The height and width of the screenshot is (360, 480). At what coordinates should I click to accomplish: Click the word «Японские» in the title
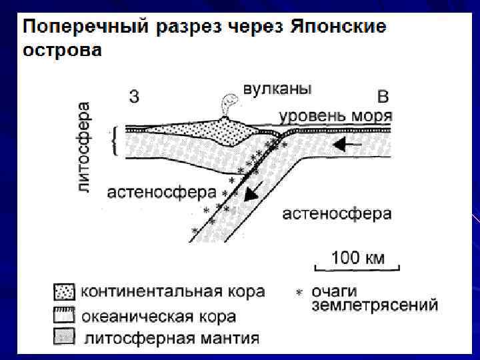click(339, 28)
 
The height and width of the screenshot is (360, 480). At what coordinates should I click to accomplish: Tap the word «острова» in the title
click(63, 50)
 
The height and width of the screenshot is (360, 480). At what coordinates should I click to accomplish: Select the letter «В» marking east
click(383, 97)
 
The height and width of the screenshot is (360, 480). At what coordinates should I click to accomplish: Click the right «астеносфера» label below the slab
click(337, 213)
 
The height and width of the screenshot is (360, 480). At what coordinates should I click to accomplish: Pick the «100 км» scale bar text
click(357, 257)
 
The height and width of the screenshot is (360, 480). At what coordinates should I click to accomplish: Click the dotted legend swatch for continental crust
click(64, 292)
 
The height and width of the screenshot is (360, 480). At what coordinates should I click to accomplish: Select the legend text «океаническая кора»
click(158, 315)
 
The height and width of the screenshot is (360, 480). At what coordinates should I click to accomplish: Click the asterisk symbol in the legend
click(299, 292)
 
